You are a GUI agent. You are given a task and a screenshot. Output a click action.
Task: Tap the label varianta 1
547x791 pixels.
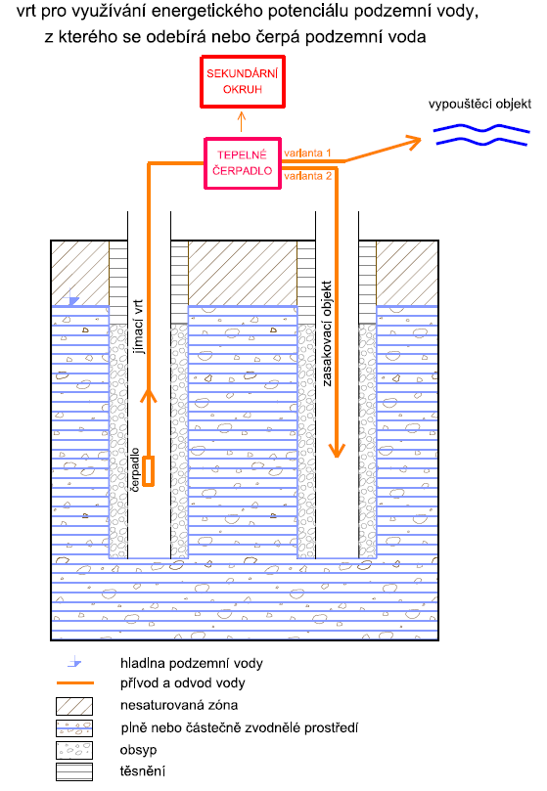click(x=307, y=153)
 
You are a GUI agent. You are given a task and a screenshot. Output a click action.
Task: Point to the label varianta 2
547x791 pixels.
click(x=307, y=176)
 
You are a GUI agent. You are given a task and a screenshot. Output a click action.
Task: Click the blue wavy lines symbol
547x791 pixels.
click(x=481, y=134)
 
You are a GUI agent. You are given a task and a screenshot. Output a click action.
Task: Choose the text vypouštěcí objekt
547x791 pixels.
click(x=479, y=104)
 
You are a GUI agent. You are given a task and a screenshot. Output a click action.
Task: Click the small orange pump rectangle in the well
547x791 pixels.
click(x=148, y=471)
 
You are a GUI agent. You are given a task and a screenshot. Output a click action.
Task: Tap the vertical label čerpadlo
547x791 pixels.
click(x=135, y=469)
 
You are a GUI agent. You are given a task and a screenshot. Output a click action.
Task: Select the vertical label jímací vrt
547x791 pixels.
click(x=138, y=327)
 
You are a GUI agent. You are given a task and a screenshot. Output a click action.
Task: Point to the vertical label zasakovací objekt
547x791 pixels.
click(x=327, y=333)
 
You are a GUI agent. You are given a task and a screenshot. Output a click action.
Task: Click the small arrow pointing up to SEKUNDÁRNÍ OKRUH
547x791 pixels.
click(x=242, y=121)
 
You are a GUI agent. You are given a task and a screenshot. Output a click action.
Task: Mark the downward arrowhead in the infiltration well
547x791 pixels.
click(x=337, y=450)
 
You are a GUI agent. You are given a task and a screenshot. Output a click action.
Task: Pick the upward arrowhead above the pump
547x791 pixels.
click(x=148, y=395)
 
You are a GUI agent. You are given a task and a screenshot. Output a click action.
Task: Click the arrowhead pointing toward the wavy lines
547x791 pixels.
click(x=415, y=142)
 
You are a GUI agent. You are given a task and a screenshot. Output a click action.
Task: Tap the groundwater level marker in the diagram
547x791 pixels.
click(x=73, y=298)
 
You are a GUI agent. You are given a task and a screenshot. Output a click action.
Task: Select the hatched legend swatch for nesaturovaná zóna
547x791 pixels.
click(x=74, y=706)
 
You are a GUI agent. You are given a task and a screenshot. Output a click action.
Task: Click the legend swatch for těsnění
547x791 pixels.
click(x=74, y=771)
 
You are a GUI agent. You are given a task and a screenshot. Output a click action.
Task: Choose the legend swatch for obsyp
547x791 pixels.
click(x=74, y=750)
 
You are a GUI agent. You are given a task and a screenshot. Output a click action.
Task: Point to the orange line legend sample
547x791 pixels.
click(x=75, y=683)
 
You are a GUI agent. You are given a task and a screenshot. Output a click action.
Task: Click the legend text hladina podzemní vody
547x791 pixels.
click(x=192, y=663)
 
